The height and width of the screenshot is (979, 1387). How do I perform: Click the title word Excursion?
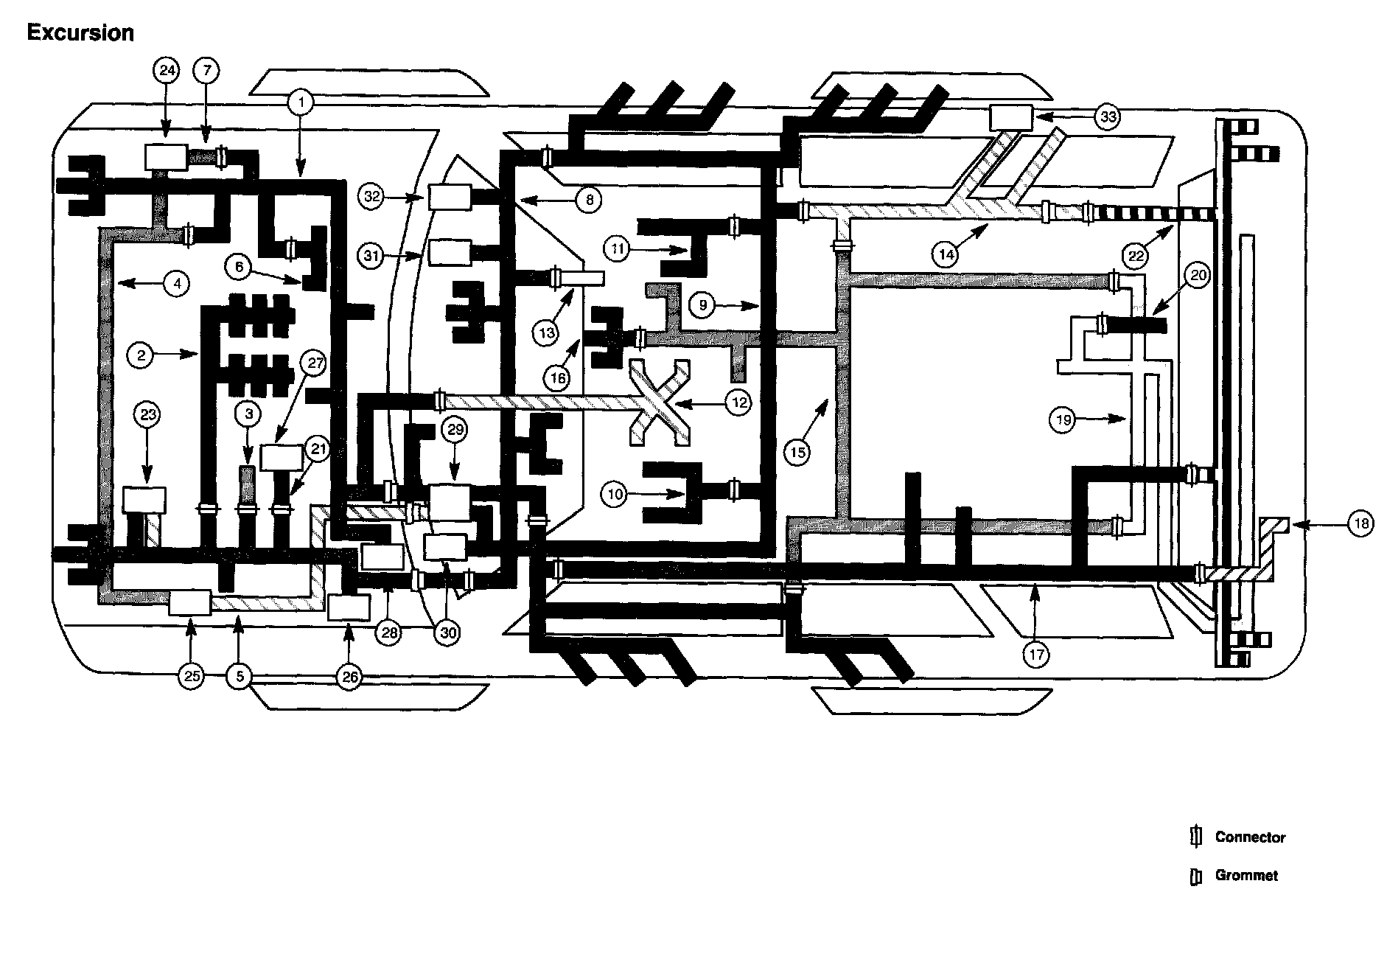[80, 32]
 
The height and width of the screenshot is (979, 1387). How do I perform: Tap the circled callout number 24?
[166, 71]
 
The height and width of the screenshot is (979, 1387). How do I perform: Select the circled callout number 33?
[1108, 116]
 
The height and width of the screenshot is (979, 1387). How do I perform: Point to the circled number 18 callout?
[1360, 524]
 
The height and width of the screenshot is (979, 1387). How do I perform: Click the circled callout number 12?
[738, 402]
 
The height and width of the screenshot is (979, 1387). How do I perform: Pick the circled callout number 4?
[176, 282]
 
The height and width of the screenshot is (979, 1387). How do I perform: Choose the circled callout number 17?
[1036, 653]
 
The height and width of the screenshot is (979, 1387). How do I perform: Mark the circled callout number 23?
[148, 415]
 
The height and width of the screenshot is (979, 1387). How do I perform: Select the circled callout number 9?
[703, 304]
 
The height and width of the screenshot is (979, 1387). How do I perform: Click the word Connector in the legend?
[1250, 837]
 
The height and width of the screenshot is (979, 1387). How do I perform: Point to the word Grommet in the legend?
[1246, 875]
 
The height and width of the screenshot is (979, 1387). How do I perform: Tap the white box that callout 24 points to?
[166, 157]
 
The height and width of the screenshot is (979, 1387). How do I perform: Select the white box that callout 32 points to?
[449, 198]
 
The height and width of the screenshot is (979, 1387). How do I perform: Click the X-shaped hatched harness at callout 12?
[660, 403]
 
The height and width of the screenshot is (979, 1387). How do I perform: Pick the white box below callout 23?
[144, 500]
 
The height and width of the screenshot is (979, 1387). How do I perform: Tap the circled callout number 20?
[1198, 276]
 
